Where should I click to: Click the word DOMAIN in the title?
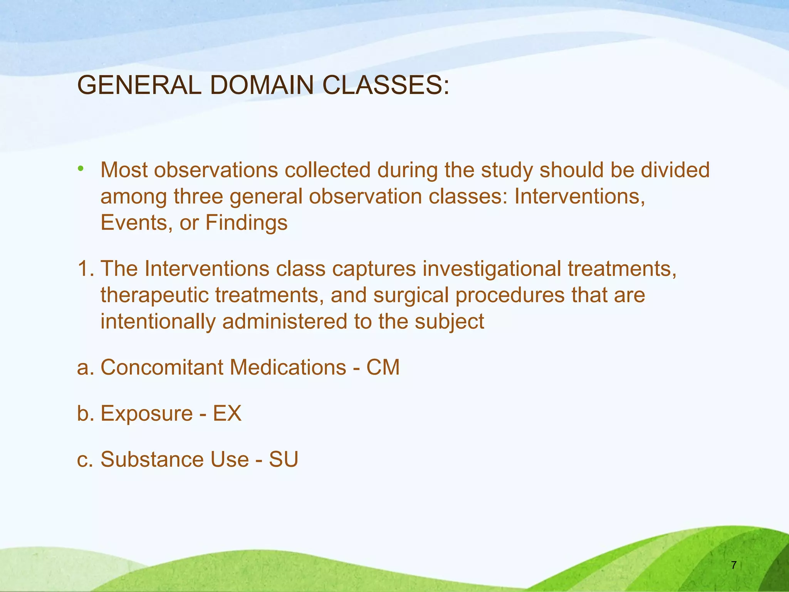[262, 85]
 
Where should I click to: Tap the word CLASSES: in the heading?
[386, 85]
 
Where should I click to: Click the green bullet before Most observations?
[80, 168]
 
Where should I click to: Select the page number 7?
[734, 565]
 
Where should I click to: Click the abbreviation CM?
[383, 367]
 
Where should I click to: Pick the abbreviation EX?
[227, 414]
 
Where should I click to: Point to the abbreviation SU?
[284, 459]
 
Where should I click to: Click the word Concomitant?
[162, 367]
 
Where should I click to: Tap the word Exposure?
[146, 414]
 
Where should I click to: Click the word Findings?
[247, 223]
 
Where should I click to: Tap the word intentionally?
[158, 322]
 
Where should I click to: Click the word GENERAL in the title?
[139, 85]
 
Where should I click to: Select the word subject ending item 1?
[449, 322]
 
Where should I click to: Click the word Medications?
[288, 367]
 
